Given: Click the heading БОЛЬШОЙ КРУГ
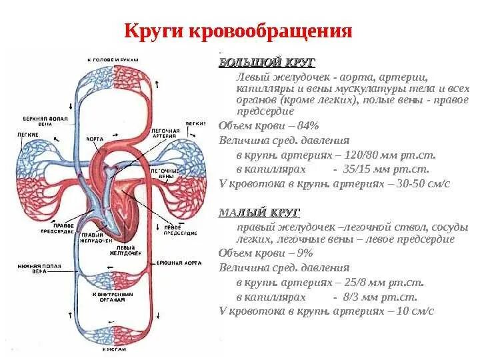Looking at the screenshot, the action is click(258, 63).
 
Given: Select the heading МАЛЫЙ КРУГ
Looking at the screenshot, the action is click(259, 213).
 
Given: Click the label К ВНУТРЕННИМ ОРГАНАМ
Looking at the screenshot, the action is click(113, 297).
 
